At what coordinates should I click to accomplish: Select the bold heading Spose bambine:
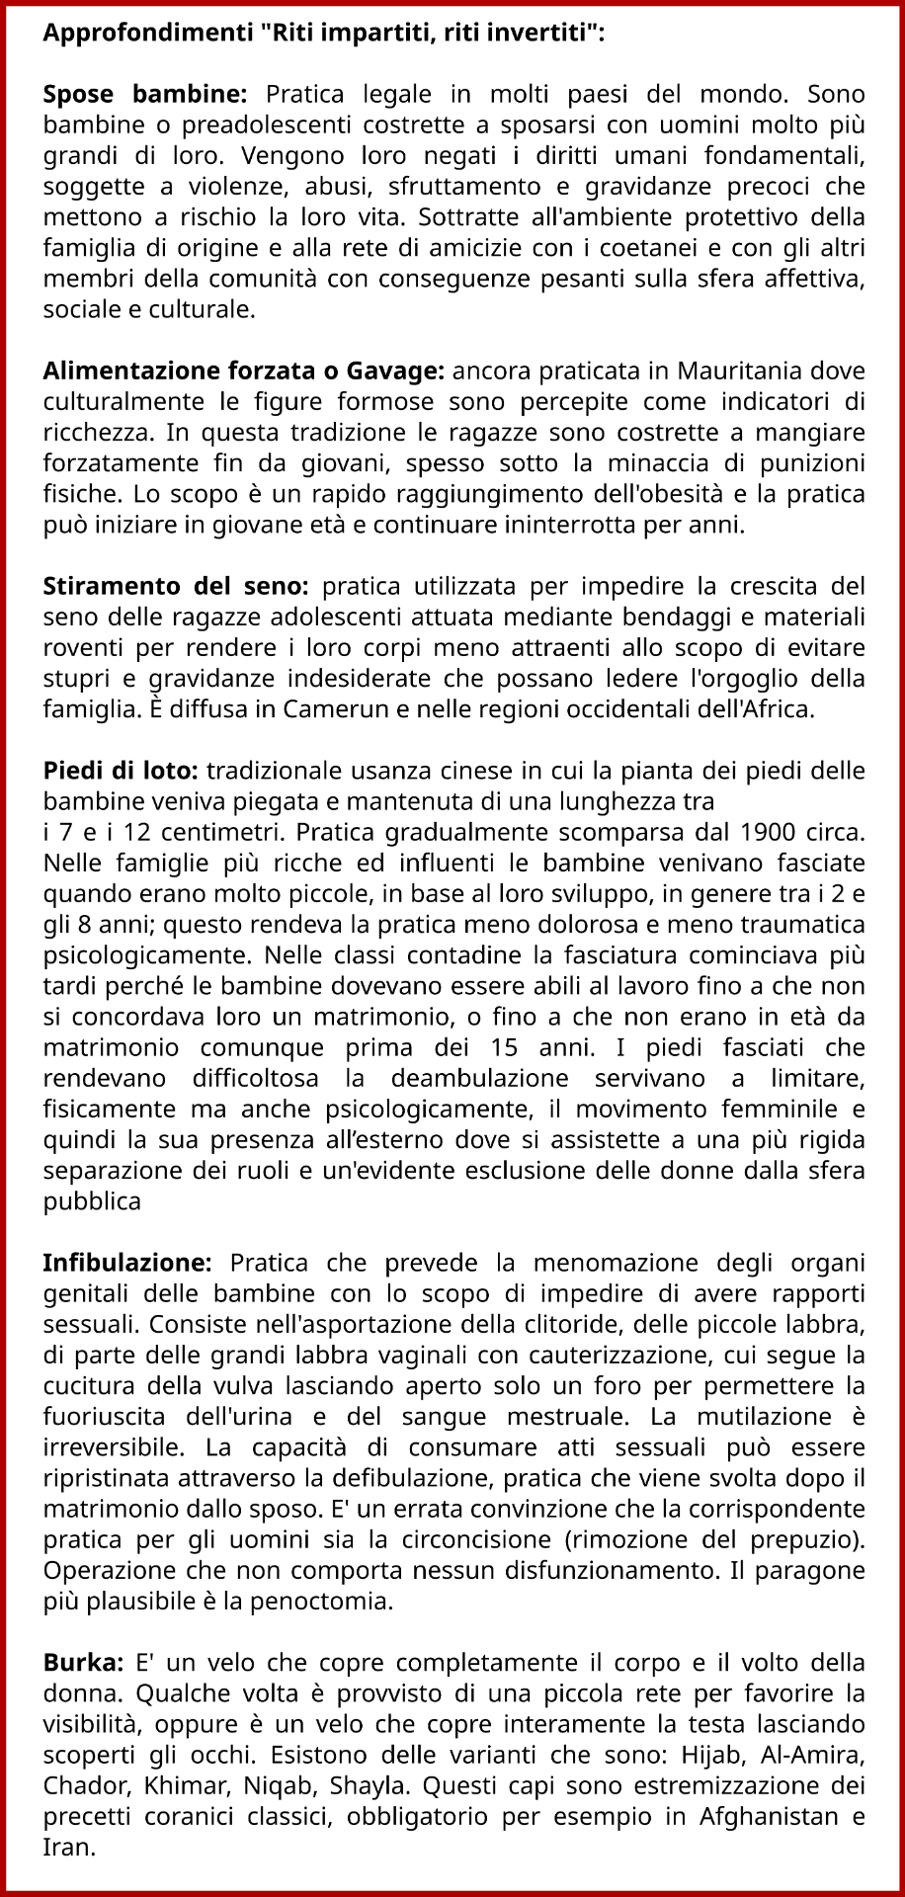click(x=144, y=95)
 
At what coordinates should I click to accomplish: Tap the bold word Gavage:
click(x=395, y=371)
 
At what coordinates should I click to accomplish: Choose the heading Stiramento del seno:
click(x=176, y=587)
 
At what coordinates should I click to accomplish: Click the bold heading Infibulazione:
click(x=127, y=1264)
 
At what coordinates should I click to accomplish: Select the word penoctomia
click(x=328, y=1601)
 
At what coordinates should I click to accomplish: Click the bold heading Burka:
click(x=83, y=1663)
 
